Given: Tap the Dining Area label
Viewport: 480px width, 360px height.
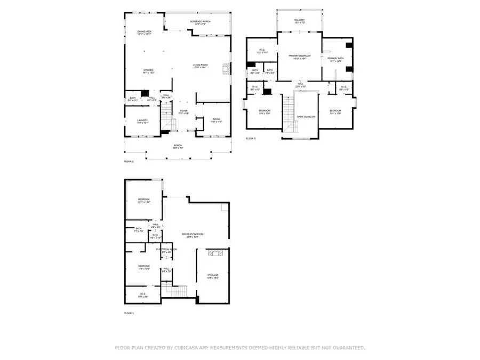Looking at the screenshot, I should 145,33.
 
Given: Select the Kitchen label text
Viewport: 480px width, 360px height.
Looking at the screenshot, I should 148,71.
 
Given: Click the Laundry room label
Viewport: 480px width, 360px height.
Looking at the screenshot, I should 142,121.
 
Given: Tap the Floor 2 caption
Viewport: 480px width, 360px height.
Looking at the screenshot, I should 130,161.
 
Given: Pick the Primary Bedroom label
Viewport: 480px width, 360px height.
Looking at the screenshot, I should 299,57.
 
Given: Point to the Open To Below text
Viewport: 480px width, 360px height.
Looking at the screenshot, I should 306,116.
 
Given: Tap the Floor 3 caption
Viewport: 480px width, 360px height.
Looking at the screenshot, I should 251,139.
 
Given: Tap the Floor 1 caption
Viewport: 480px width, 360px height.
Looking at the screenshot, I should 130,313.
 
